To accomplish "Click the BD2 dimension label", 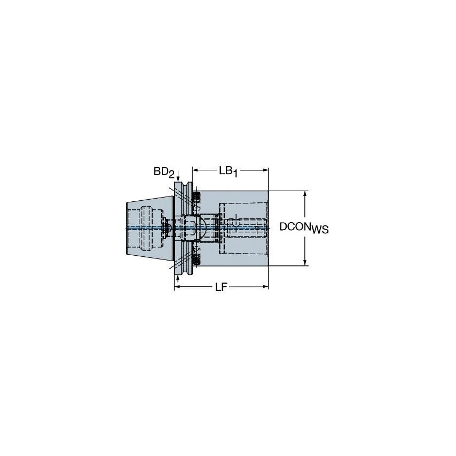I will tap(162, 171).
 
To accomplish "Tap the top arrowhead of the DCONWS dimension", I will tap(305, 194).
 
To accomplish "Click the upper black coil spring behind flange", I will tap(196, 199).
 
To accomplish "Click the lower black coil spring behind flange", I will tap(196, 260).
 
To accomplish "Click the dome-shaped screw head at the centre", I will tap(206, 227).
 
